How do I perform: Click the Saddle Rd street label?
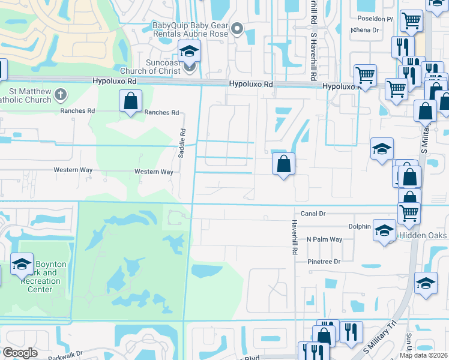pos(181,143)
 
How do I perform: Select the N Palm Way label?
pos(324,239)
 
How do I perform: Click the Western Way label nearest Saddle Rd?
pos(154,172)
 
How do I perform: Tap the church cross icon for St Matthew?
pos(61,94)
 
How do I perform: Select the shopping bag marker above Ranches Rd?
pos(130,102)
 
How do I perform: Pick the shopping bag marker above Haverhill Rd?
pos(283,164)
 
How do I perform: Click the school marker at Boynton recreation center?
pos(22,264)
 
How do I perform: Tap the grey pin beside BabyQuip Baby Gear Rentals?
pos(238,28)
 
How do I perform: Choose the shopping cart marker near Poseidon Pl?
pos(411,21)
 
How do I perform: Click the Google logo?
pos(20,352)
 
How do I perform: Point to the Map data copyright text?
pos(423,355)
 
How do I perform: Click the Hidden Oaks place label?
pos(423,236)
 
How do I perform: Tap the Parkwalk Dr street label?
pos(65,355)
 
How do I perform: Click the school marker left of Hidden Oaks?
pos(384,230)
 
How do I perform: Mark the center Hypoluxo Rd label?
pos(251,85)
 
